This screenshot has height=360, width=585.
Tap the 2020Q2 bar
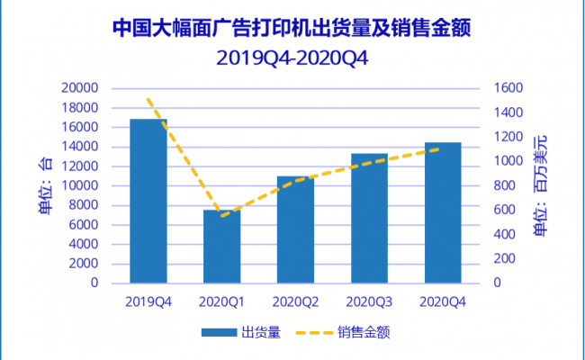(296, 229)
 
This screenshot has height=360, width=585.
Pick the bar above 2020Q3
(369, 218)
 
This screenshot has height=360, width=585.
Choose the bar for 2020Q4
(443, 212)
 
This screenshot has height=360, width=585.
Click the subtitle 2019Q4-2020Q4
(292, 58)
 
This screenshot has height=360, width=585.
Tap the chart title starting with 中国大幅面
(292, 28)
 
